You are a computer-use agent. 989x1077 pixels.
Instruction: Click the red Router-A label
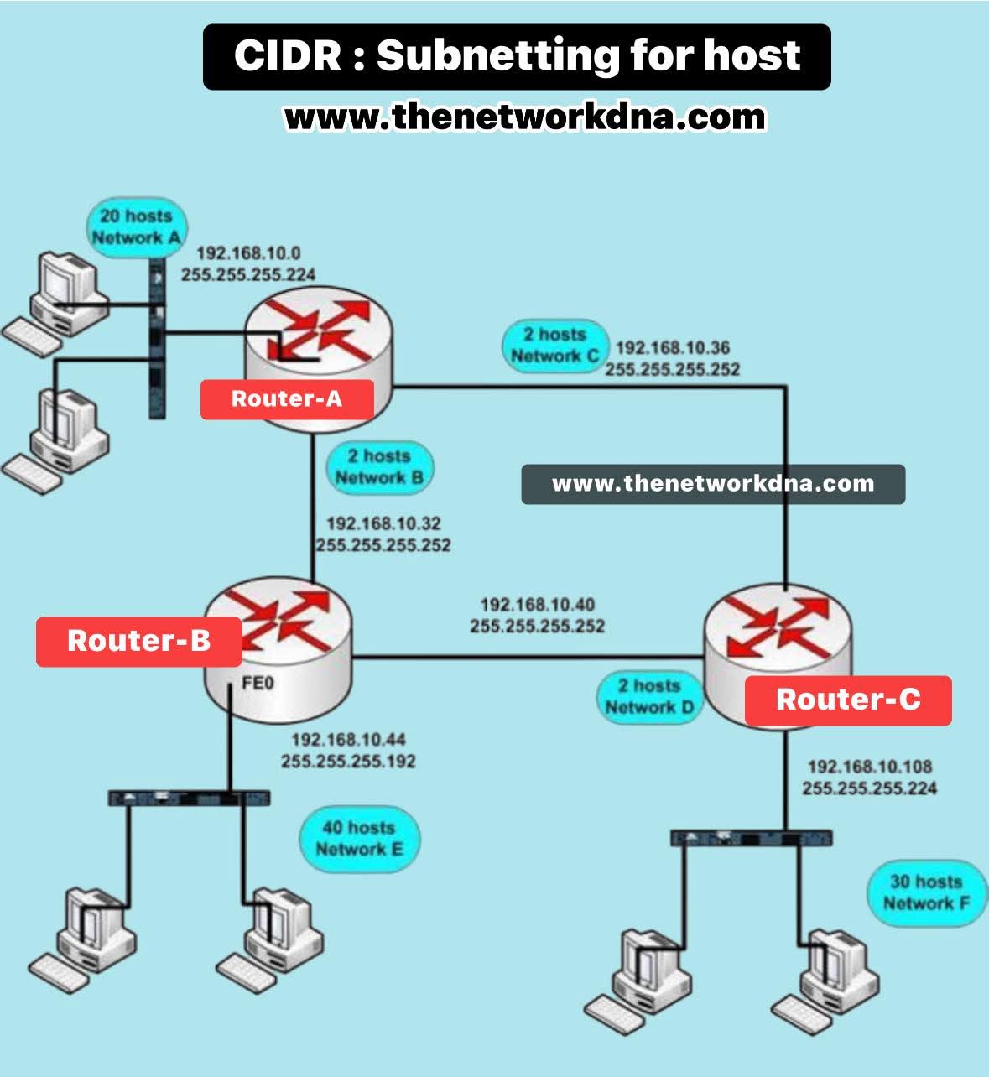[287, 398]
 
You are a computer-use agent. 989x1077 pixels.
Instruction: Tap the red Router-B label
[138, 641]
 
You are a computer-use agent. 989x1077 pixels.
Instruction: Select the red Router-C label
[848, 700]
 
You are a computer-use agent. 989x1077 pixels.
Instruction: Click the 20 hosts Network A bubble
[136, 226]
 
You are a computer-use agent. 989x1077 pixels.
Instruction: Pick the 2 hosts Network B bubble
[379, 467]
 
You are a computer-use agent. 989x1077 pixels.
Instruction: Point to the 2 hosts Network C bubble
[554, 345]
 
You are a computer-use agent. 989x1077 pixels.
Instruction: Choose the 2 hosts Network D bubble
[649, 696]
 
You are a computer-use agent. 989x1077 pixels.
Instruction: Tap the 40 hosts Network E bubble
[359, 838]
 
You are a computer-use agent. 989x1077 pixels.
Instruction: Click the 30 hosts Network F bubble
[926, 892]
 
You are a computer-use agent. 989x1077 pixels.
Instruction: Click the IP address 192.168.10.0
[248, 253]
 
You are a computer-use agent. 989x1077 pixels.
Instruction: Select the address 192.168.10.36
[673, 347]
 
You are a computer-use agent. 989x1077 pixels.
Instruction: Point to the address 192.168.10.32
[383, 523]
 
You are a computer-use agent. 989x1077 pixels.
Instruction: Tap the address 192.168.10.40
[537, 604]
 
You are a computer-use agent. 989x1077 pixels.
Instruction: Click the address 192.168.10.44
[348, 740]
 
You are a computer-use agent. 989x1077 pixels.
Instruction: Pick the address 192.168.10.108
[869, 767]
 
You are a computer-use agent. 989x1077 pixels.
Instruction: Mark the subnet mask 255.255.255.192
[348, 762]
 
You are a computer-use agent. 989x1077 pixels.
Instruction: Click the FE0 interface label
[258, 684]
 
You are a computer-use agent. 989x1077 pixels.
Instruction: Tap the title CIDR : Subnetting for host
[517, 56]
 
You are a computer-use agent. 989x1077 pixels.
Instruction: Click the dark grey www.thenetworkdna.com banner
[713, 484]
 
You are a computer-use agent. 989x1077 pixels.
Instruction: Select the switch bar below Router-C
[752, 837]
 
